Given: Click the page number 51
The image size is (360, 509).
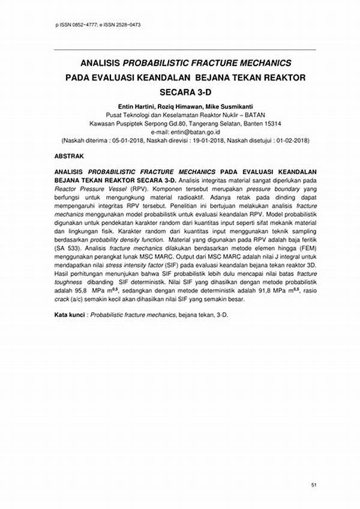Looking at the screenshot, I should click(313, 484).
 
